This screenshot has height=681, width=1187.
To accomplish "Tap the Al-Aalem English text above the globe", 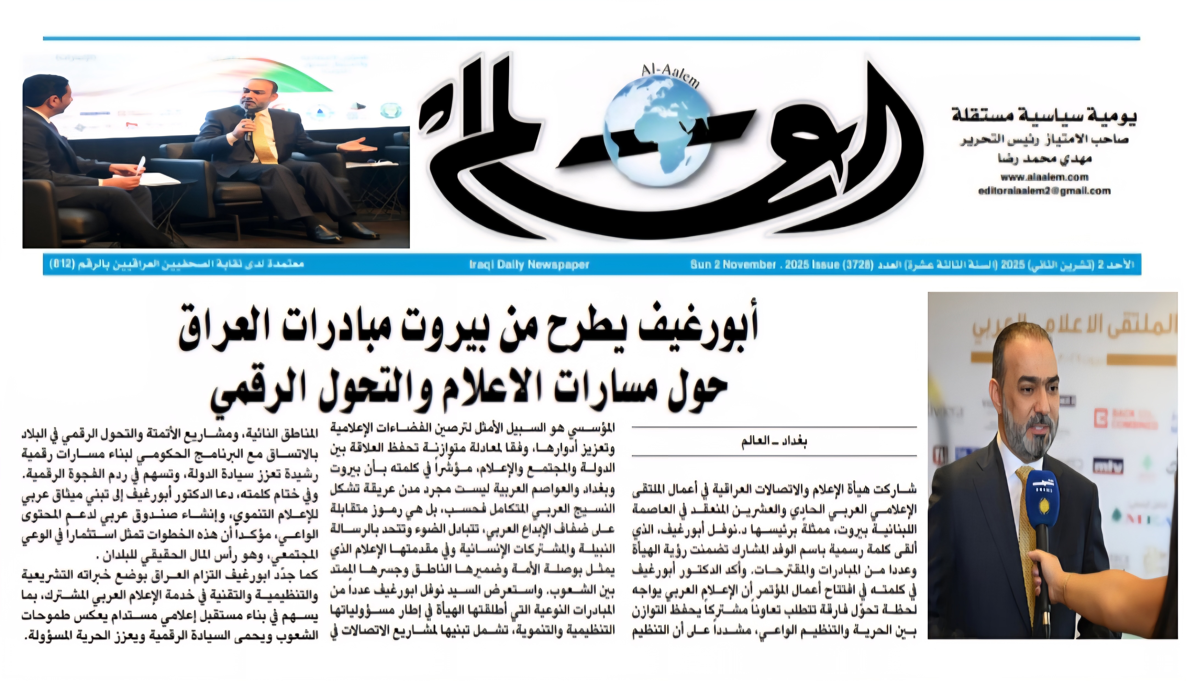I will coord(671,76).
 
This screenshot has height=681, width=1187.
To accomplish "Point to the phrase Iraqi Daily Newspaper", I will coord(529,265).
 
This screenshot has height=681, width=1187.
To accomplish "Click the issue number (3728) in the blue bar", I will coord(857,265).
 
